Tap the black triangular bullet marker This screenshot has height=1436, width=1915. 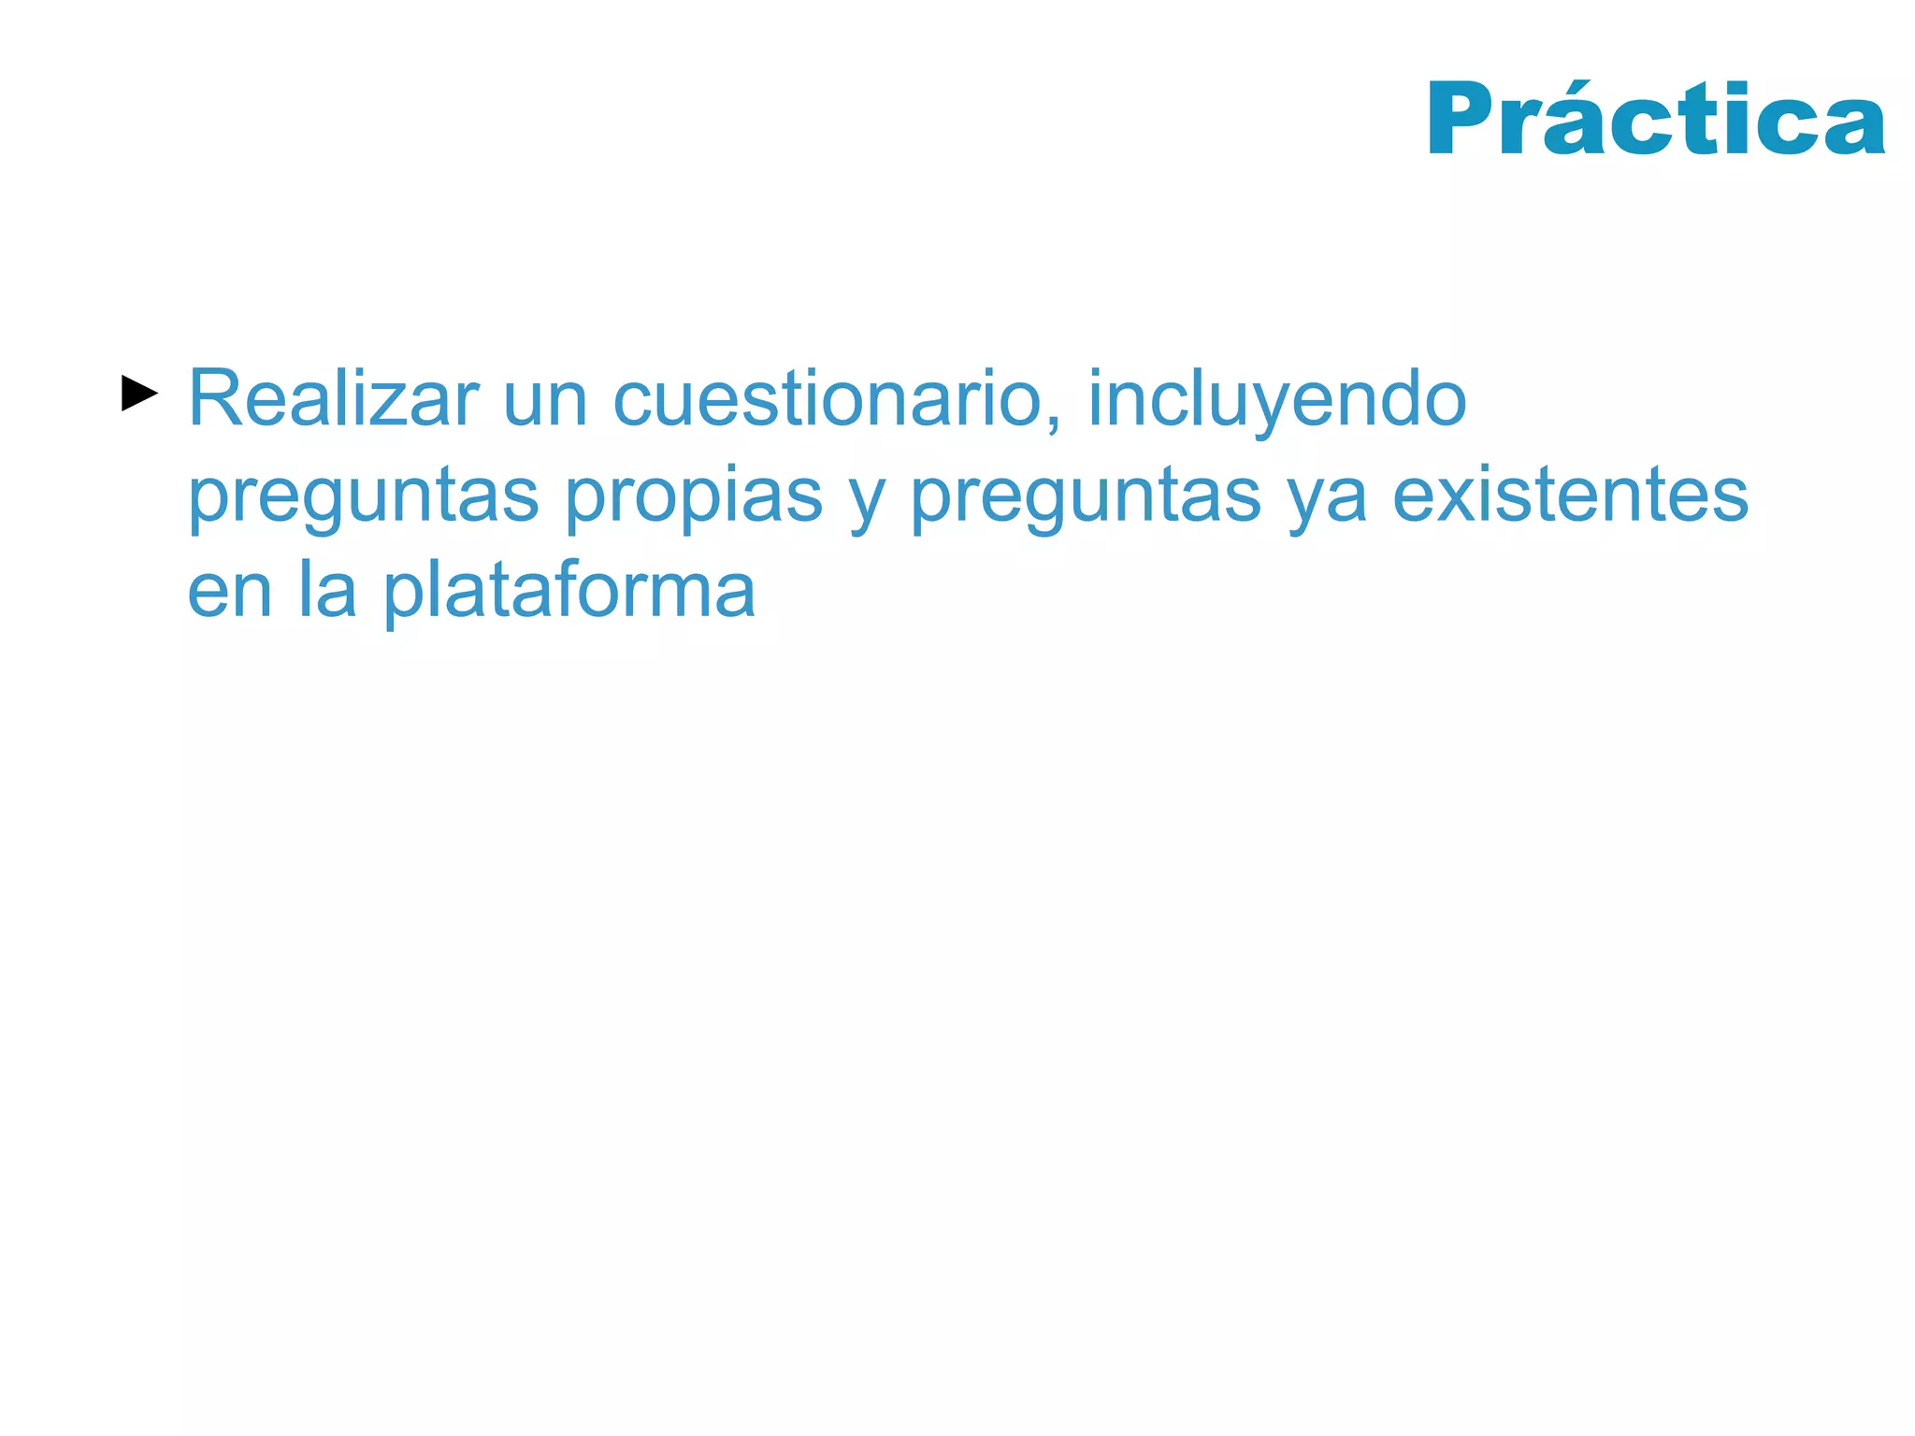[x=139, y=395]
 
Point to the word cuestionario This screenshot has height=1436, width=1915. [x=828, y=399]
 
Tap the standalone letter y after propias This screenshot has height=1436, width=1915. [x=867, y=505]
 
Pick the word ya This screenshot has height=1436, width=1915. [x=1328, y=505]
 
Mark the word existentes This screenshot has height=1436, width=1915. [x=1570, y=495]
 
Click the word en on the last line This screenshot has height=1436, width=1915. [x=230, y=594]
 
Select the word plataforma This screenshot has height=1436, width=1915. [x=569, y=594]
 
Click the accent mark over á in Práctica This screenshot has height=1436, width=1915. [x=1579, y=81]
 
